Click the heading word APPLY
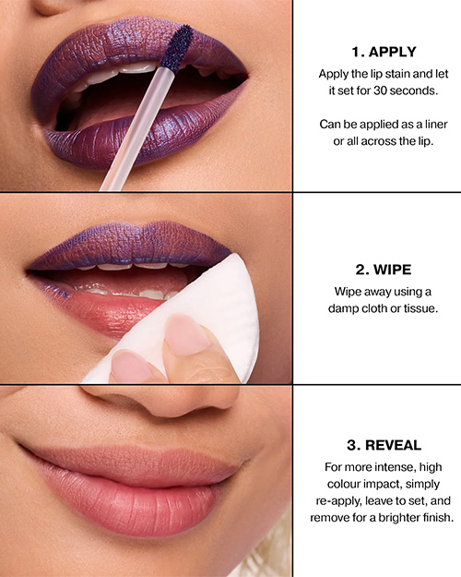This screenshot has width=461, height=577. point(392,52)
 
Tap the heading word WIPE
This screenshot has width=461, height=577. point(392,270)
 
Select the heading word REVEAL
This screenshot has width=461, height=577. point(394,445)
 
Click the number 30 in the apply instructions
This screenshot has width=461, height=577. point(380,90)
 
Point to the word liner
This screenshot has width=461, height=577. point(436,125)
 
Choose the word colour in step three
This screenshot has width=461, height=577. point(343,484)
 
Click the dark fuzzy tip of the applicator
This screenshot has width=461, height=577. point(177,47)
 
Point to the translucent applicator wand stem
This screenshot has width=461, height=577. point(138,128)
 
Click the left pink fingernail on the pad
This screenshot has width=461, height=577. point(131,367)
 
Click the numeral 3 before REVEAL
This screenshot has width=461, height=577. point(352,445)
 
